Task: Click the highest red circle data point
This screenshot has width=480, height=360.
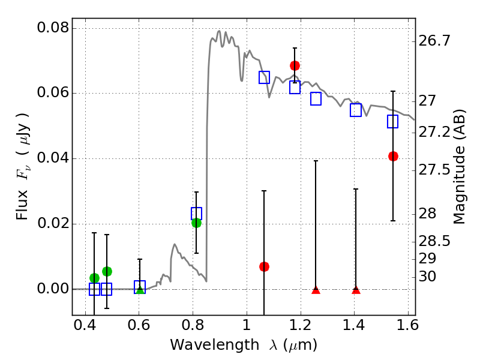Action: [x=295, y=65]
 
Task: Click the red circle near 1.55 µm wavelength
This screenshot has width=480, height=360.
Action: [x=393, y=156]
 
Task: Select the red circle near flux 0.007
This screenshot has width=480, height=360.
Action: [x=264, y=266]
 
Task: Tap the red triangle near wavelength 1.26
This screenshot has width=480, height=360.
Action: [x=316, y=290]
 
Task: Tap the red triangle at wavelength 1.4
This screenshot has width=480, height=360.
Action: [x=356, y=290]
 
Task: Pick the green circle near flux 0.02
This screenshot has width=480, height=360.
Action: [x=196, y=223]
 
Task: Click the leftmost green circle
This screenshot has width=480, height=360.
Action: [x=94, y=278]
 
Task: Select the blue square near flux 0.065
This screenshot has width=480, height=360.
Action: [x=264, y=77]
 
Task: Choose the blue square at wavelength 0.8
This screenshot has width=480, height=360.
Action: [x=196, y=213]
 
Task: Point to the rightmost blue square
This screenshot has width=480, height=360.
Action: [x=393, y=122]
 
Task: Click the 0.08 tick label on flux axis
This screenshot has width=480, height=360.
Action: [x=53, y=28]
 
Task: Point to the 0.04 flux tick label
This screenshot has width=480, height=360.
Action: [x=53, y=159]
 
